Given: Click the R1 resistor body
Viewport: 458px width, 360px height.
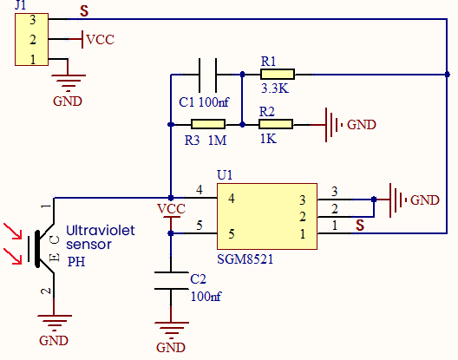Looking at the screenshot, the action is point(278,75).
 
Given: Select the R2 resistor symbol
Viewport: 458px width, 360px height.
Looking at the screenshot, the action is point(276,124).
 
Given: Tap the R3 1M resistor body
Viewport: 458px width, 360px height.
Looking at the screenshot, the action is point(208,124).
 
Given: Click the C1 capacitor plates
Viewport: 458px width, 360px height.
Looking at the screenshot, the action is point(207,75).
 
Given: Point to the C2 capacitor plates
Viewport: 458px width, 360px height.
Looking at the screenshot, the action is point(171,280).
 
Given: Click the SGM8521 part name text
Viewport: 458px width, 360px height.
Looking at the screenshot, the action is point(245,259).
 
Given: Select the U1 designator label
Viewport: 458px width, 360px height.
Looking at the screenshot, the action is point(225,175).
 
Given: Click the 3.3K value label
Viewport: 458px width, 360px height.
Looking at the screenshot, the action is point(275,88).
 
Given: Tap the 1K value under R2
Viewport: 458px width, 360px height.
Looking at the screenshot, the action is point(268,139).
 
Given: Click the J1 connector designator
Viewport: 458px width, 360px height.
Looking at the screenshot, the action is point(21,5).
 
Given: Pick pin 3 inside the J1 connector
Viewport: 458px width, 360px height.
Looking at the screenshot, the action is point(32,20).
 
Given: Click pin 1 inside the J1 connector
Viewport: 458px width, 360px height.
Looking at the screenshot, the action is point(33,60).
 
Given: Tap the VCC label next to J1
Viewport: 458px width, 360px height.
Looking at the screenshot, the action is point(101,40).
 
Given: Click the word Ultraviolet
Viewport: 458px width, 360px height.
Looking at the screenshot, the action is point(101,231).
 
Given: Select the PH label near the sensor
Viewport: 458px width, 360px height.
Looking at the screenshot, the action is point(76,262).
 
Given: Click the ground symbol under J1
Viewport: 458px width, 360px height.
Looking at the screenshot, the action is point(69,83).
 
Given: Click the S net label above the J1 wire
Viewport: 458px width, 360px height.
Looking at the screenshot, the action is point(84,11).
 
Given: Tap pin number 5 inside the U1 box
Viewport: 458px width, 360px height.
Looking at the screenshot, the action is point(232,233).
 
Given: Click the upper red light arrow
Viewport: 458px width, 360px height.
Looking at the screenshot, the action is point(13,231).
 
